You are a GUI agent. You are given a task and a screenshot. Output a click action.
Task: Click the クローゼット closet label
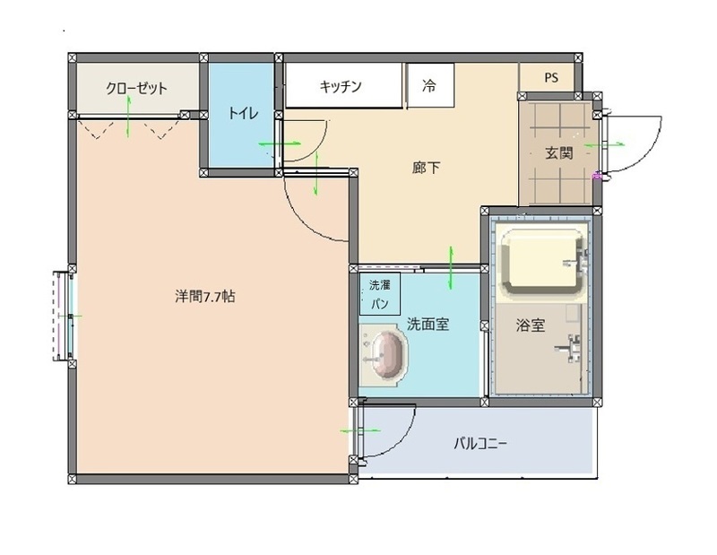[x=136, y=88]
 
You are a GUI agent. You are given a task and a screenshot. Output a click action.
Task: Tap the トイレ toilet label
[x=243, y=113]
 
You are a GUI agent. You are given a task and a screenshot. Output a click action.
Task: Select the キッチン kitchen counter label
[x=341, y=87]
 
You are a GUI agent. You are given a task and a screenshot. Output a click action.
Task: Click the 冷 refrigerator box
[x=429, y=87]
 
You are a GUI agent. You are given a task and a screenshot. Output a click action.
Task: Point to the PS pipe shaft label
[x=550, y=77]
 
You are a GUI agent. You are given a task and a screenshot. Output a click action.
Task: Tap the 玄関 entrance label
[x=558, y=153]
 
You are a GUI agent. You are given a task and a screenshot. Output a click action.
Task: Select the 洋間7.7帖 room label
[x=205, y=296]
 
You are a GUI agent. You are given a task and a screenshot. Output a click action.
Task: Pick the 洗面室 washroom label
[x=428, y=325]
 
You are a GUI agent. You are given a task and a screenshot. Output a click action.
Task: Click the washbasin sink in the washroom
[x=385, y=355]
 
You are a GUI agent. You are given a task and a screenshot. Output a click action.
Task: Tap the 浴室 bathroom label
[x=531, y=325]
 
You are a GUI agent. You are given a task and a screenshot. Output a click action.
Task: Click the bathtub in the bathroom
[x=541, y=264]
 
